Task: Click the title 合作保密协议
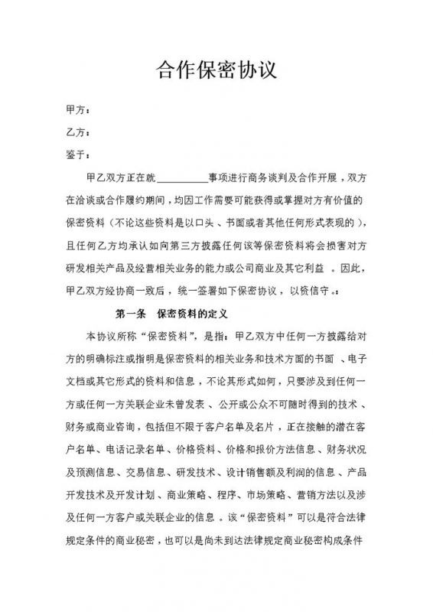pyautogui.click(x=216, y=72)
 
